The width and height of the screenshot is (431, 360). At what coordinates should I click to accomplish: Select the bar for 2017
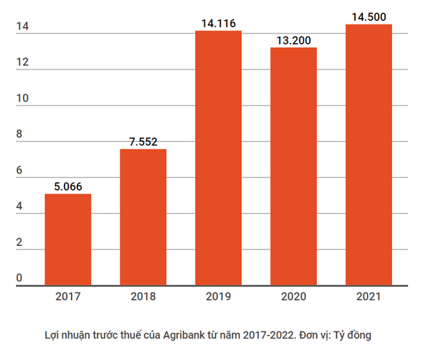(x=68, y=239)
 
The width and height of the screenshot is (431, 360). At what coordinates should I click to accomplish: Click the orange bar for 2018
(x=143, y=217)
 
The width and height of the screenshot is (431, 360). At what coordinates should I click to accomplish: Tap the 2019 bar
(x=218, y=158)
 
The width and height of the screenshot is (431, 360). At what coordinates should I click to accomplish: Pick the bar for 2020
(x=293, y=166)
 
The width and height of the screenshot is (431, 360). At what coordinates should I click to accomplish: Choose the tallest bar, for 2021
(x=368, y=154)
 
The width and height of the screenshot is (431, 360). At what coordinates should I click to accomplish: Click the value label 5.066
(x=68, y=186)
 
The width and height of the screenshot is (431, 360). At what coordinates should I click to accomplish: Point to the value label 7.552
(x=143, y=142)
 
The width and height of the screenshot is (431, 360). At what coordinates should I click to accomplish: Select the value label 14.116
(x=218, y=24)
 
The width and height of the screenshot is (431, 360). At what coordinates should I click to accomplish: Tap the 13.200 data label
(x=293, y=40)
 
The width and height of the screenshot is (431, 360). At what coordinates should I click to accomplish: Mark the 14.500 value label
(x=368, y=17)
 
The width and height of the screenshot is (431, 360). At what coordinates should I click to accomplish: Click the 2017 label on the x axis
(x=68, y=297)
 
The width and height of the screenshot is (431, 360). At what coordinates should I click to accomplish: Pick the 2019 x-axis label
(x=218, y=297)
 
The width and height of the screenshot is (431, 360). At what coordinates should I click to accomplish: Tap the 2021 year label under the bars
(x=368, y=297)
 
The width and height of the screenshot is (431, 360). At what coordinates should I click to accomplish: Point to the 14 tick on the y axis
(x=22, y=27)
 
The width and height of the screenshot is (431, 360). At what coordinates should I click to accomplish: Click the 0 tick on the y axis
(x=19, y=279)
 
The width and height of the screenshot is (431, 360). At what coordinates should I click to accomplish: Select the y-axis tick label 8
(x=19, y=135)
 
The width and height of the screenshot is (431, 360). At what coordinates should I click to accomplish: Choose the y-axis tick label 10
(x=22, y=99)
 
